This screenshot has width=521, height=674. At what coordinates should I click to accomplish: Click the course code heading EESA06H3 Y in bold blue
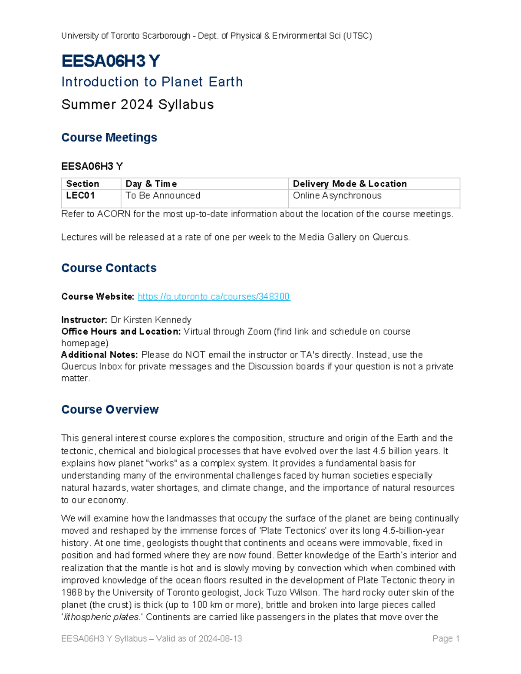coord(111,61)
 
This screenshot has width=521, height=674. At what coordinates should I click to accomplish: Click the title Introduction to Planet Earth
coord(152,82)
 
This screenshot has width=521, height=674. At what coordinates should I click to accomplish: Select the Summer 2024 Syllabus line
coord(137,105)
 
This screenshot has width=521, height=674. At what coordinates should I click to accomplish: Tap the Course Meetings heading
coord(109,138)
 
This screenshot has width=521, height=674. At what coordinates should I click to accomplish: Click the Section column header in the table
coord(82,184)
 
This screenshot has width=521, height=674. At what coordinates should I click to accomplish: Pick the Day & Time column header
coord(151,184)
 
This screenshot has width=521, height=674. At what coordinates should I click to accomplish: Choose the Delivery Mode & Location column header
coord(350,184)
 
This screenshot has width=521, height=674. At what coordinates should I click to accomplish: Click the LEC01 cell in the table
coord(80,196)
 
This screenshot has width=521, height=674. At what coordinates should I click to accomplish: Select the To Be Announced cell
coord(163,196)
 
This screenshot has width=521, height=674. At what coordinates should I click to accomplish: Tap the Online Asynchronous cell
coord(337,196)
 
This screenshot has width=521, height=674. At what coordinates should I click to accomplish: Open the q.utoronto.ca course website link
coord(214,296)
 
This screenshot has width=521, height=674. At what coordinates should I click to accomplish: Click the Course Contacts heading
coord(109,268)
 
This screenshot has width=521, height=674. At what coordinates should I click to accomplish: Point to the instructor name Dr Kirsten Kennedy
coord(151,320)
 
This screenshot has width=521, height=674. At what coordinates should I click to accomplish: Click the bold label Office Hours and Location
coord(121,332)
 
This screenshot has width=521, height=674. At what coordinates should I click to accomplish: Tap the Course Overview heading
coord(110,410)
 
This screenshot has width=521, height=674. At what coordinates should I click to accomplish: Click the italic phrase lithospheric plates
coord(102,617)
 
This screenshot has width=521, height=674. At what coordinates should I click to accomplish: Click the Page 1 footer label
coord(446,639)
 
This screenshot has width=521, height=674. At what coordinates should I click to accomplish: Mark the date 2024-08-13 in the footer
coord(220,639)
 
